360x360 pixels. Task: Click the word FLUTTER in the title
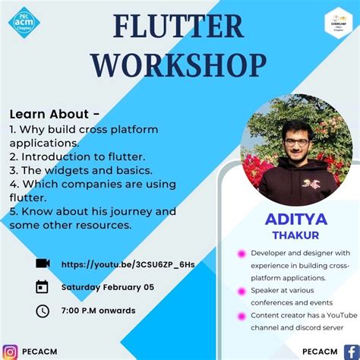(x=178, y=29)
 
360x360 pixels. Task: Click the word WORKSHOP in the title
(x=178, y=65)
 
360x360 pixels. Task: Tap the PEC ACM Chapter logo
(x=25, y=21)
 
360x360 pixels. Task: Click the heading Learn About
(x=54, y=114)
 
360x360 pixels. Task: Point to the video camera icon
(x=43, y=263)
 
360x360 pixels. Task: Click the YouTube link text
(x=128, y=264)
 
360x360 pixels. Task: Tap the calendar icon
(x=43, y=286)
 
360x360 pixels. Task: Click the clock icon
(x=43, y=310)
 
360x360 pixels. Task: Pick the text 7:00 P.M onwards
(x=98, y=310)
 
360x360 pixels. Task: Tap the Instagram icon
(x=11, y=352)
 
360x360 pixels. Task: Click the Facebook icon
(x=349, y=352)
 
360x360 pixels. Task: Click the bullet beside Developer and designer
(x=242, y=253)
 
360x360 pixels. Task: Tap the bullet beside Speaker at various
(x=242, y=290)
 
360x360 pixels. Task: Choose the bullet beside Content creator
(x=242, y=315)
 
